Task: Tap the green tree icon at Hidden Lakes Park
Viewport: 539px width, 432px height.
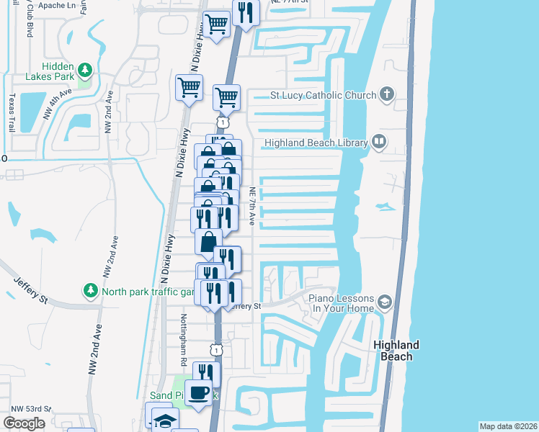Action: pyautogui.click(x=86, y=70)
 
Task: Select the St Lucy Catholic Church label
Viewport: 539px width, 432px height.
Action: pyautogui.click(x=323, y=95)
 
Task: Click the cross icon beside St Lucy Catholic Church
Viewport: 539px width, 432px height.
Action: pyautogui.click(x=386, y=94)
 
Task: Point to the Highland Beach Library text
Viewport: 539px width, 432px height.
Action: pyautogui.click(x=316, y=143)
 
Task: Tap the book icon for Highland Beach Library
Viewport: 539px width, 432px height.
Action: pyautogui.click(x=379, y=143)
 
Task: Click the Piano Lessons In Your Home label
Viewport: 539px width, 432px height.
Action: pyautogui.click(x=342, y=303)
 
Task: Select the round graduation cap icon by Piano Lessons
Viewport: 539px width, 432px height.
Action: pyautogui.click(x=386, y=302)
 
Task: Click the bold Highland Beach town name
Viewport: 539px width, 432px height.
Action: pyautogui.click(x=396, y=351)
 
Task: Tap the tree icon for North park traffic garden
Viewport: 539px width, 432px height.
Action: pyautogui.click(x=91, y=291)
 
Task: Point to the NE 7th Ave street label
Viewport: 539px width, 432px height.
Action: pyautogui.click(x=252, y=207)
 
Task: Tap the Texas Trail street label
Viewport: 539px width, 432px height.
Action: pyautogui.click(x=12, y=113)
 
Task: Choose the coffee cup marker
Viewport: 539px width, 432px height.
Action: pyautogui.click(x=200, y=392)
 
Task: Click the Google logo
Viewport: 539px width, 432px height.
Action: pyautogui.click(x=24, y=423)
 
